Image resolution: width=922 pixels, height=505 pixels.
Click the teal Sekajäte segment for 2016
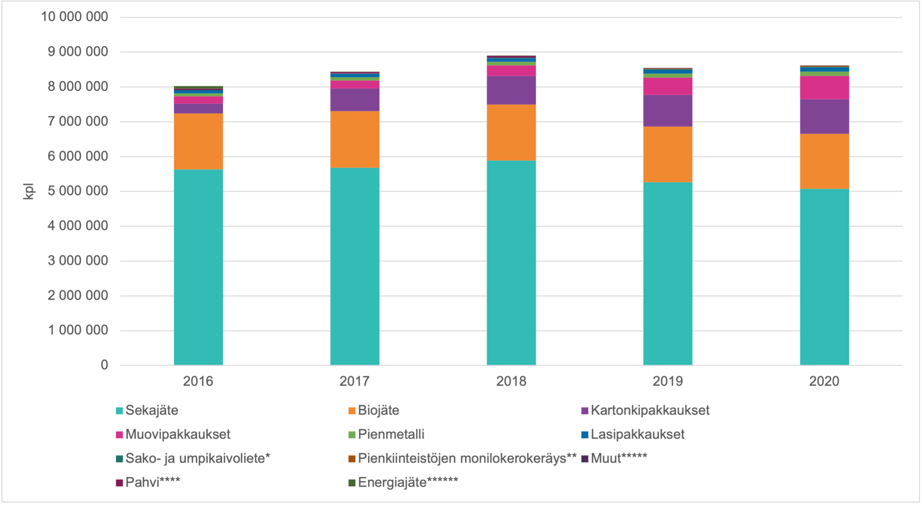198,267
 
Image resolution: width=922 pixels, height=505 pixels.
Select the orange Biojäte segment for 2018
511,132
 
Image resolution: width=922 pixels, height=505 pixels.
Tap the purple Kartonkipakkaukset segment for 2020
825,117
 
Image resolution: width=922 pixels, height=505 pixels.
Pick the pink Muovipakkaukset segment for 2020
825,88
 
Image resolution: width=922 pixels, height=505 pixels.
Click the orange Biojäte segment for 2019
668,154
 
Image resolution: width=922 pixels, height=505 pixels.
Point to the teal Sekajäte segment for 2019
668,274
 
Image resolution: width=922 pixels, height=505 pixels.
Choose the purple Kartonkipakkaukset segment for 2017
355,100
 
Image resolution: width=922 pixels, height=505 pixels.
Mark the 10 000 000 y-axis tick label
74,17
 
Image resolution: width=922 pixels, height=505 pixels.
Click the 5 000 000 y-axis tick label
78,191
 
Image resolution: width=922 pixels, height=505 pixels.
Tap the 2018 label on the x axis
511,381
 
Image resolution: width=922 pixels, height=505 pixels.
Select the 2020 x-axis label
825,381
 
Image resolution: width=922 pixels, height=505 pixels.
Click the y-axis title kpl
29,191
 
